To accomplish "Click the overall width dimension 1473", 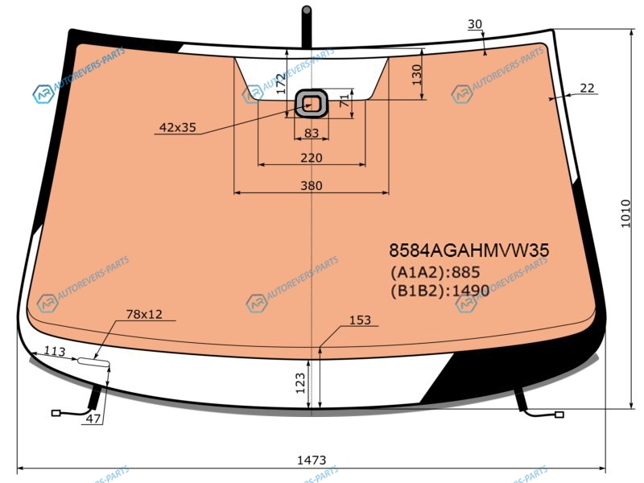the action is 312,460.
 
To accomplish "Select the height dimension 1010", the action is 625,213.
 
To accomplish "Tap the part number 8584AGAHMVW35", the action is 469,250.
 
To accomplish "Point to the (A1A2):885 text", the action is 435,272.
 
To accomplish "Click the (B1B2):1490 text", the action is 440,291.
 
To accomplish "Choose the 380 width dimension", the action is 312,186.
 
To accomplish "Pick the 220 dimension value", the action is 312,158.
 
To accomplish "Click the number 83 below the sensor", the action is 312,133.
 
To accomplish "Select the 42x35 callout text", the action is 177,127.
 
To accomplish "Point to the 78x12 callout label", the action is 144,314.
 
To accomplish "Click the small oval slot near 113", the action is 93,361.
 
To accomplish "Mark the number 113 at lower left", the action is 55,351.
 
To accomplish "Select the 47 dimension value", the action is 93,419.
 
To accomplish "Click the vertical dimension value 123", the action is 300,383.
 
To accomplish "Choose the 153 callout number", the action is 360,320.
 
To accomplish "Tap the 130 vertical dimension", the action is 417,74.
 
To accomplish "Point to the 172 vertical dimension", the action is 281,84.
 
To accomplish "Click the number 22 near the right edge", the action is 587,88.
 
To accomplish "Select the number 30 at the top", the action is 475,24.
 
